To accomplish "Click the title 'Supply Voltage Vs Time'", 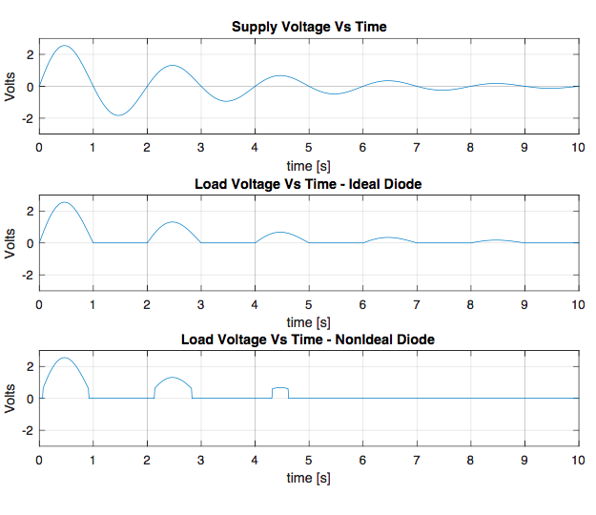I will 308,27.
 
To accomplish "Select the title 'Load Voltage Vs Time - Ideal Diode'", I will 308,183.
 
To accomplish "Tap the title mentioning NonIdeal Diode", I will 308,340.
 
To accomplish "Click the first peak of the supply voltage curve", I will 64,46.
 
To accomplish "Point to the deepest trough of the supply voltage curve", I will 118,115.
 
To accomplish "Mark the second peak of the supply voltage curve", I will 172,66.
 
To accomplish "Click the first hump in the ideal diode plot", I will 64,202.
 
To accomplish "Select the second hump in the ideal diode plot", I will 172,222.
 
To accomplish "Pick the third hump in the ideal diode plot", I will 280,233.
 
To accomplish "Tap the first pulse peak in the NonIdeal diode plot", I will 64,359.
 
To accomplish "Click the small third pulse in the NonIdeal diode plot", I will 280,388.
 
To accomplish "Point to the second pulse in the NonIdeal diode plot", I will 172,379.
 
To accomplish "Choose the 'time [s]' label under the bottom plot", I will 308,477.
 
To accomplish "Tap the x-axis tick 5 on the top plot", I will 308,148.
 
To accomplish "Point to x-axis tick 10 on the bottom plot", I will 576,461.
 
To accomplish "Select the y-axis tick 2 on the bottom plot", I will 30,366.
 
